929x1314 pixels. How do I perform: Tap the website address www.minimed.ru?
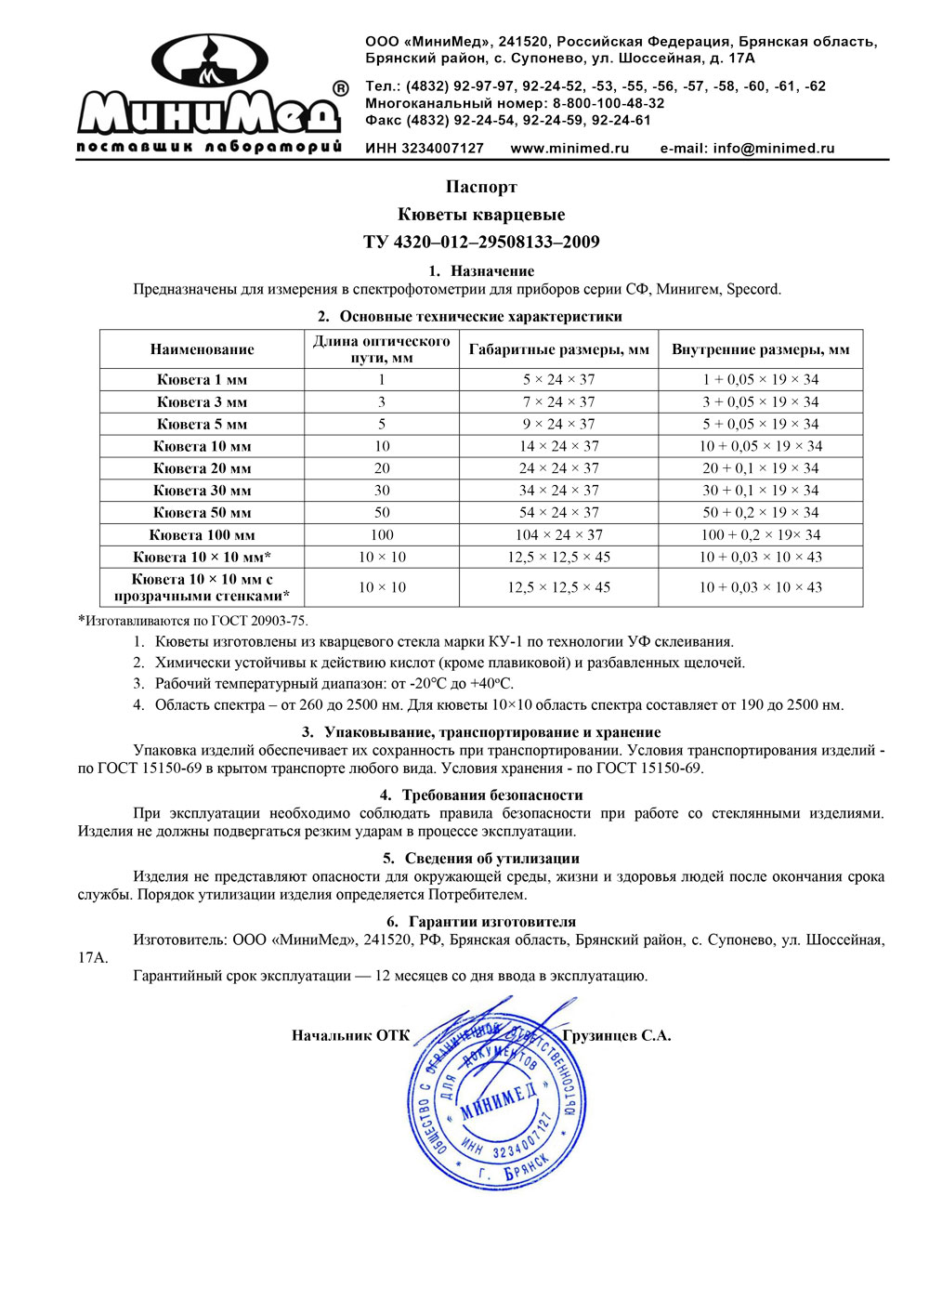pos(569,149)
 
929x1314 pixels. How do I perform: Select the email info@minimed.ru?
pos(747,149)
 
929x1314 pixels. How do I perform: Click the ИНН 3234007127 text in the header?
pos(424,149)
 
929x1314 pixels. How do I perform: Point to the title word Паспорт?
pos(481,188)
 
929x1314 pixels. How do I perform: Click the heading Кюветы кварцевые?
pos(481,215)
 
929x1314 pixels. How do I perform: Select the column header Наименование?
pos(202,349)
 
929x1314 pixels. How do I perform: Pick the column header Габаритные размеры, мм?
pos(558,349)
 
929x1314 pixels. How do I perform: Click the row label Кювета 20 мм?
pos(202,468)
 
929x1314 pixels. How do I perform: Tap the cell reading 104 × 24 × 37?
pos(558,535)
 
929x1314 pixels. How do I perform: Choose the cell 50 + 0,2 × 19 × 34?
pos(760,513)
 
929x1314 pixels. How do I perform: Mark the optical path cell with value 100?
pos(382,535)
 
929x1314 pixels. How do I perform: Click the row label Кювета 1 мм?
pos(202,380)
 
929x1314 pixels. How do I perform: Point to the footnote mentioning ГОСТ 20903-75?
pos(192,621)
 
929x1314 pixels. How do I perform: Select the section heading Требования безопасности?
pos(481,795)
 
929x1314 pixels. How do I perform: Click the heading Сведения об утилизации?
pos(481,859)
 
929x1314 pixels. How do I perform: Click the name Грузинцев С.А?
pos(616,1036)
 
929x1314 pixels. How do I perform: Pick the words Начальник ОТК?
pos(350,1036)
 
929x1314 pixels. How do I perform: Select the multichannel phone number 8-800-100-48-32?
pos(608,103)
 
